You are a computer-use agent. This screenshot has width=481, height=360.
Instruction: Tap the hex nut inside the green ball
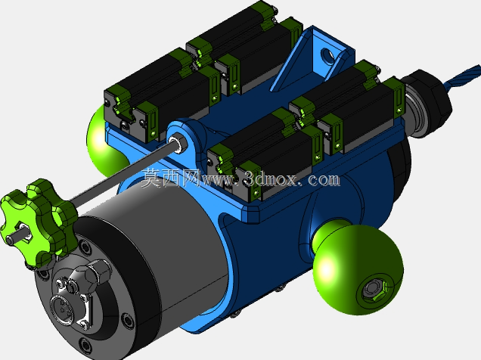pos(374,290)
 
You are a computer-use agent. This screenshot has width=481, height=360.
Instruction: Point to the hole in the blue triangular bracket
pos(328,55)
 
